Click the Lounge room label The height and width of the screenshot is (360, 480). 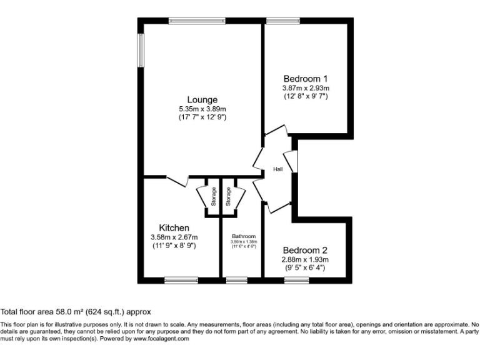coord(202,100)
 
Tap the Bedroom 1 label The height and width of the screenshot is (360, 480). coord(306,79)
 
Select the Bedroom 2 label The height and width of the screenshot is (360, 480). coord(306,249)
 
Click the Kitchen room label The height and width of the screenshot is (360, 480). coord(174,228)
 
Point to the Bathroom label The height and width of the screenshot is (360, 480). coord(244,236)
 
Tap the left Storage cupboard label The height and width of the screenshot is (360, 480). coord(213,197)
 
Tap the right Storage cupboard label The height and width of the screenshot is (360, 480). coord(229,197)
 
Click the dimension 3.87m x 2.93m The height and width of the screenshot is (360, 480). coord(306,88)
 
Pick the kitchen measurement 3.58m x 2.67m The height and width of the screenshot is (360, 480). coord(174,237)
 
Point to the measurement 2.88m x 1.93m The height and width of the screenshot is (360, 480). coord(306,259)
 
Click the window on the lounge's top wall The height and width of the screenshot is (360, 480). coord(197,21)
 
